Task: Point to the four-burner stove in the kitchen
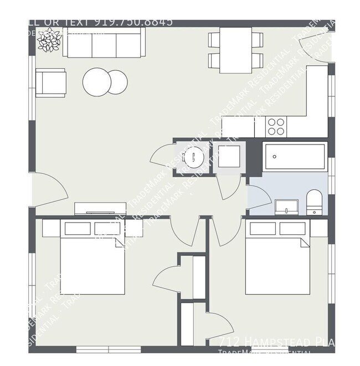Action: point(276,127)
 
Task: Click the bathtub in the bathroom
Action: point(295,157)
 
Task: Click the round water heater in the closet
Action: point(194,157)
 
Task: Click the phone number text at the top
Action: point(133,22)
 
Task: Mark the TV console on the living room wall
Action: point(100,209)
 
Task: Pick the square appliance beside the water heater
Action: point(228,157)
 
